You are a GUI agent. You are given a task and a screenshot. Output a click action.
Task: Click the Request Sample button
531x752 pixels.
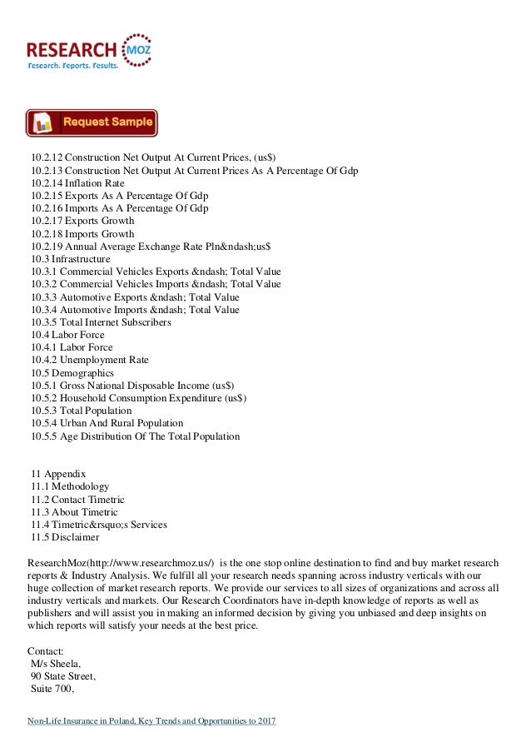(92, 123)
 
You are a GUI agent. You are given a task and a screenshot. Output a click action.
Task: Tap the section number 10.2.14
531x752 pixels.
(46, 183)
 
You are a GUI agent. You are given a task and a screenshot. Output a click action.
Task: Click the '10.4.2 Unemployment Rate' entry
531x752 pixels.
(89, 360)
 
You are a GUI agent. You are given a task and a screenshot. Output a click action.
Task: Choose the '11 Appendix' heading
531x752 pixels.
(57, 474)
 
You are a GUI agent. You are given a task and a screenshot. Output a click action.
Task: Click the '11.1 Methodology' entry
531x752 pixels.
(69, 486)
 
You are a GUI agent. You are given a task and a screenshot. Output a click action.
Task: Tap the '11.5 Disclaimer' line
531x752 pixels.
(64, 537)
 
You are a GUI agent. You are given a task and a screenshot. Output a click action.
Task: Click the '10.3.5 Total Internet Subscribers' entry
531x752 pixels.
(101, 322)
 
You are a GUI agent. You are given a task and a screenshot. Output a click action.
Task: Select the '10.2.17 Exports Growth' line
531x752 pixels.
(82, 222)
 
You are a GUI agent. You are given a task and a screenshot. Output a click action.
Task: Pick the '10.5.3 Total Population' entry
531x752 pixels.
(81, 411)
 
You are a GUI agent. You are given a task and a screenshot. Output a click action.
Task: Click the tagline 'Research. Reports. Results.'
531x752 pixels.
(73, 64)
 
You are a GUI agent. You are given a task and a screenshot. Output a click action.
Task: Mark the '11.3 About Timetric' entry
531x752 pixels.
(74, 511)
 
